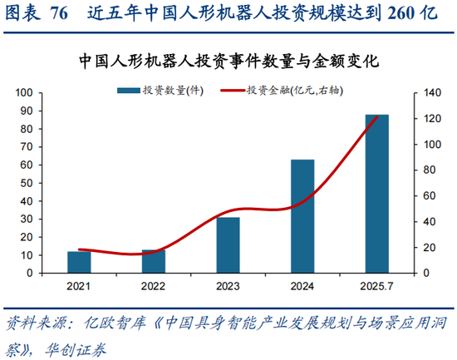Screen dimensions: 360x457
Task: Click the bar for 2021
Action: tap(79, 262)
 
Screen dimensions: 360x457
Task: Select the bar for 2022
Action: tap(154, 261)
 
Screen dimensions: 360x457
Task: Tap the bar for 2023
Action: tap(228, 244)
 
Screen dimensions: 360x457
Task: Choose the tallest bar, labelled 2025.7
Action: tap(377, 194)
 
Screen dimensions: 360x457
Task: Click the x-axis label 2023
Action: tap(228, 285)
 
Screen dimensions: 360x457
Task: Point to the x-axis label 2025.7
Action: tap(377, 285)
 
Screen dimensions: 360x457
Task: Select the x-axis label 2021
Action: tap(79, 285)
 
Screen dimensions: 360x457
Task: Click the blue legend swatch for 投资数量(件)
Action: tap(129, 90)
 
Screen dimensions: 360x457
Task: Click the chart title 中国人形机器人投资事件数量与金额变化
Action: tap(228, 62)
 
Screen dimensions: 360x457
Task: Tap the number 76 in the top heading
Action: tap(60, 14)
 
